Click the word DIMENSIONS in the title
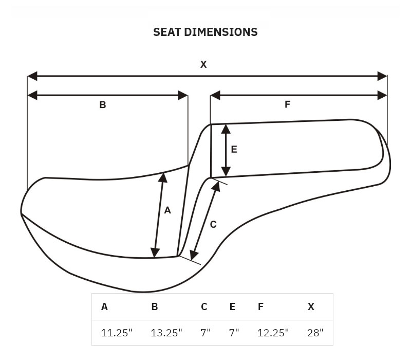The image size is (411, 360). (221, 32)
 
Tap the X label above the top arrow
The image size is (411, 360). (203, 65)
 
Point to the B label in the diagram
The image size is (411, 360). (103, 105)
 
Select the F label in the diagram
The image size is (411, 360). (288, 104)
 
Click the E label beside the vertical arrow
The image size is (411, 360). (234, 149)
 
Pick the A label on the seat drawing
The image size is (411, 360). (167, 210)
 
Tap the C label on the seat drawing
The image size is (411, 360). (213, 224)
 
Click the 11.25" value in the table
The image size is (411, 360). (117, 333)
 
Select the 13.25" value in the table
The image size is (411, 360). (166, 333)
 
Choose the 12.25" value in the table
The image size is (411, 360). (273, 333)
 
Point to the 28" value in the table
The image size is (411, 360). (315, 333)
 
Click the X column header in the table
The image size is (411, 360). (311, 307)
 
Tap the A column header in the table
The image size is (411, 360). (104, 307)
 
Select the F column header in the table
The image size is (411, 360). (260, 307)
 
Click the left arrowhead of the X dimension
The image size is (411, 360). (32, 76)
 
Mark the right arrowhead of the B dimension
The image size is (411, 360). (183, 96)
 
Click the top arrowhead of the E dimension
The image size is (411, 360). (226, 129)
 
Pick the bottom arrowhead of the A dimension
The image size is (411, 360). (155, 253)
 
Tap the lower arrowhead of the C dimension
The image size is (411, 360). (194, 255)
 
